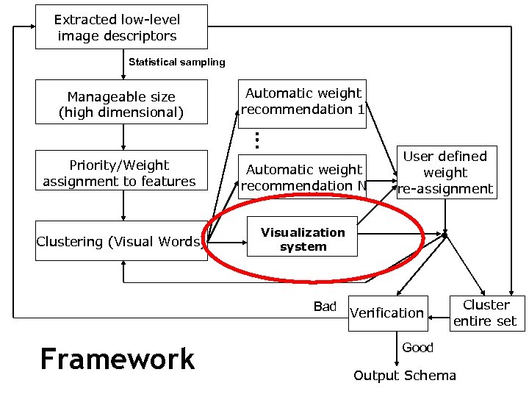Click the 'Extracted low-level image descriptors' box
pos(121,27)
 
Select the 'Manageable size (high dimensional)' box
pos(122,104)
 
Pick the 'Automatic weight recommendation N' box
pos(302,178)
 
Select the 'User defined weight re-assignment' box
pos(445,173)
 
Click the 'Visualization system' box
pos(302,240)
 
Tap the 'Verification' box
pos(386,312)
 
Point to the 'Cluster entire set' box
pos(485,313)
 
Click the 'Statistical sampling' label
pos(177,62)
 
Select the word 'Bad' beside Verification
pos(324,307)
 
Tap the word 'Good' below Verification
pos(417,347)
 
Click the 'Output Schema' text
pos(404,376)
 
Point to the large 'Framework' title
pos(118,360)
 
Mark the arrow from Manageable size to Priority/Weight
pos(123,137)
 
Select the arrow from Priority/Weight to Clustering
pos(123,207)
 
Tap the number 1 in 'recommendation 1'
pos(360,110)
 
